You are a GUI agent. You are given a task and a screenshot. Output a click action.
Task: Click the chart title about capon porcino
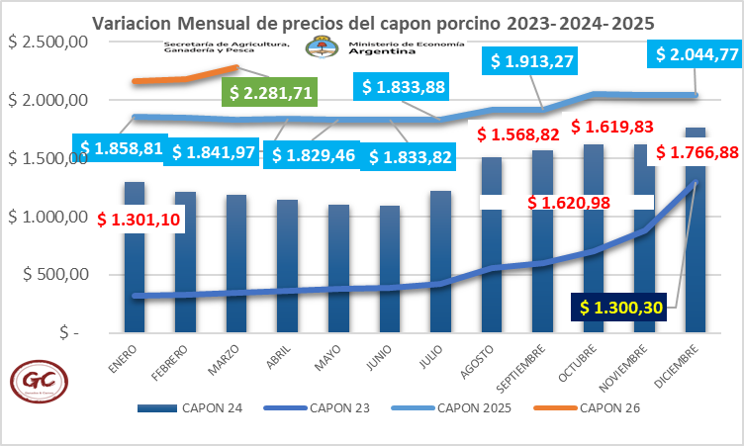click(373, 22)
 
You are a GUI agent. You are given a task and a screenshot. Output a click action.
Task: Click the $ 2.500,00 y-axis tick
click(47, 42)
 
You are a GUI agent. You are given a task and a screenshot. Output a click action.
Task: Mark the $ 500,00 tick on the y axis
click(55, 275)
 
